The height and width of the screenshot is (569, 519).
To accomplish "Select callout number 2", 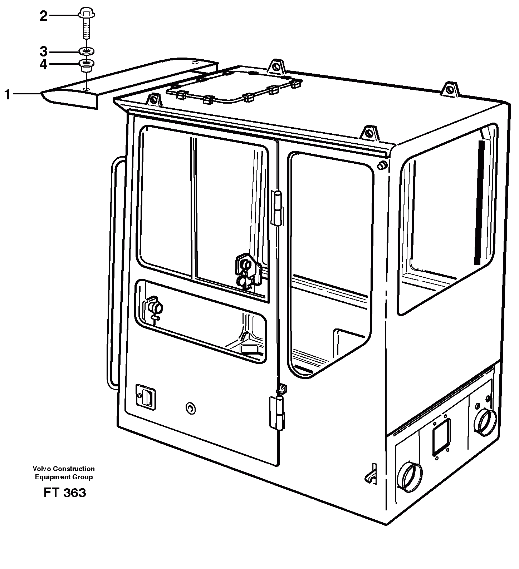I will click(43, 16).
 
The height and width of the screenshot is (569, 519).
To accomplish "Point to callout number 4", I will click(43, 65).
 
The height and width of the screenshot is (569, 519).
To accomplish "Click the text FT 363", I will click(65, 493).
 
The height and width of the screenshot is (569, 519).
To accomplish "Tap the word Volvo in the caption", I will click(40, 469).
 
